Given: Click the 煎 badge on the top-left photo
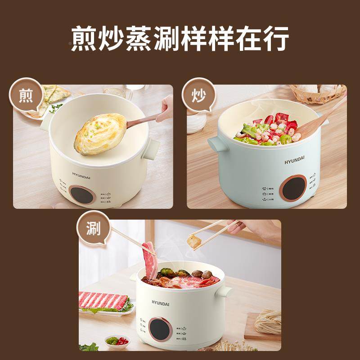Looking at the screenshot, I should click(26, 96).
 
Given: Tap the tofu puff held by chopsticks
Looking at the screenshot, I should click(194, 241).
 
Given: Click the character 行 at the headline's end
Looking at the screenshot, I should click(273, 40).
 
